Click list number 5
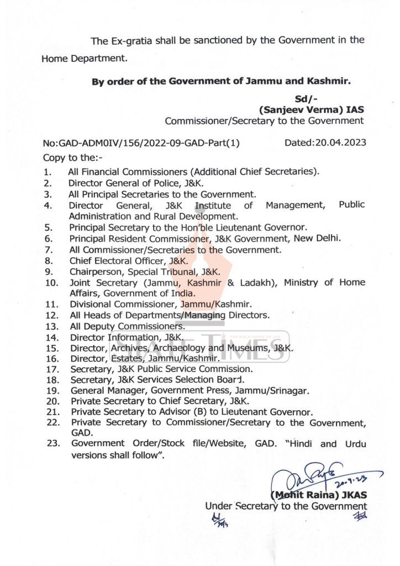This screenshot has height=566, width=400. pos(49,227)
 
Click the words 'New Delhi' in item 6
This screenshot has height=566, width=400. pos(323,238)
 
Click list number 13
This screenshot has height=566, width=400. pos(52,326)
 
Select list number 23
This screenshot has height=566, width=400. pos(52,444)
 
